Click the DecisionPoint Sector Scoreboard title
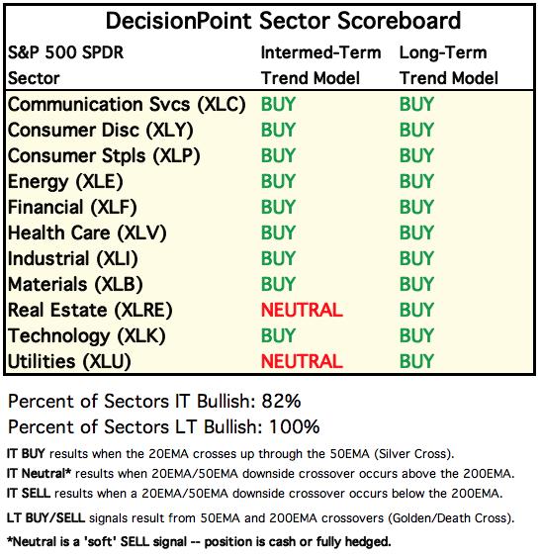click(283, 21)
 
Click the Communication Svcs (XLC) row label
click(127, 105)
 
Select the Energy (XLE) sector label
click(65, 182)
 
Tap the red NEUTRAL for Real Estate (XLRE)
click(302, 310)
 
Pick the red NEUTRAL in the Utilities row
click(302, 361)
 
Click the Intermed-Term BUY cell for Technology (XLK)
click(278, 335)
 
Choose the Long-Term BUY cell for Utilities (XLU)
click(416, 361)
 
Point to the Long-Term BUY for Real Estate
click(416, 310)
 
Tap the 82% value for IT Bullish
click(281, 401)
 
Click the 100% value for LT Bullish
click(294, 426)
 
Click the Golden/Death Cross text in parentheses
click(449, 518)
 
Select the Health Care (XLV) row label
click(87, 233)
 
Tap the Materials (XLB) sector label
click(75, 285)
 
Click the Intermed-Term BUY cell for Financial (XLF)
click(278, 207)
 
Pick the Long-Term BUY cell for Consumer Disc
click(416, 130)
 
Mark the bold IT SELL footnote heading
click(29, 494)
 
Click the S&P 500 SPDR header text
click(66, 53)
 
